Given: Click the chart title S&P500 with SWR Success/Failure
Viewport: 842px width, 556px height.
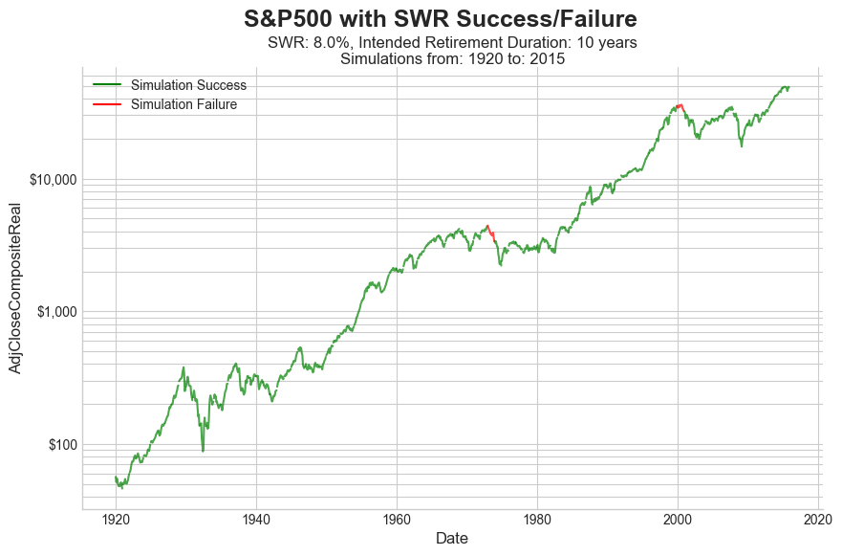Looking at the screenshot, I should [440, 18].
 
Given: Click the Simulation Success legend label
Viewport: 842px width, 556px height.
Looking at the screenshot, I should [188, 85].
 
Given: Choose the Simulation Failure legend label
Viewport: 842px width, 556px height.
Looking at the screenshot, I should [184, 104].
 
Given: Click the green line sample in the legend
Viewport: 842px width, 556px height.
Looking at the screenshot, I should [107, 85].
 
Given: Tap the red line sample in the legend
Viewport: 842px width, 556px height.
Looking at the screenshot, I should [107, 104].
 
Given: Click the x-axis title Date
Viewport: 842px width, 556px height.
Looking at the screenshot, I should [451, 539].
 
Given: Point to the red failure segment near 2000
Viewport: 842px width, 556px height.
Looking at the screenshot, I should [679, 105].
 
